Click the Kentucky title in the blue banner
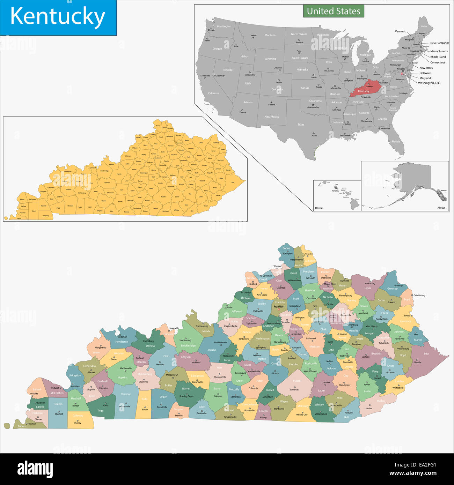(58, 17)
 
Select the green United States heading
(333, 11)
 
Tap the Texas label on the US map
(301, 124)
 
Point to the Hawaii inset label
(319, 208)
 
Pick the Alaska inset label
(441, 208)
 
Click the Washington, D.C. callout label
(429, 83)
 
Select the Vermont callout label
(400, 31)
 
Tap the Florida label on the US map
(396, 142)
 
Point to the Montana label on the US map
(270, 35)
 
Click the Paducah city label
(55, 388)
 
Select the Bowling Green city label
(186, 396)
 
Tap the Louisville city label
(228, 307)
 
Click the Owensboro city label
(148, 341)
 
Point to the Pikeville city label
(417, 362)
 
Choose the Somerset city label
(294, 389)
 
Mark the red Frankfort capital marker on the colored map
(279, 309)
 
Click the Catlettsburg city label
(419, 295)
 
